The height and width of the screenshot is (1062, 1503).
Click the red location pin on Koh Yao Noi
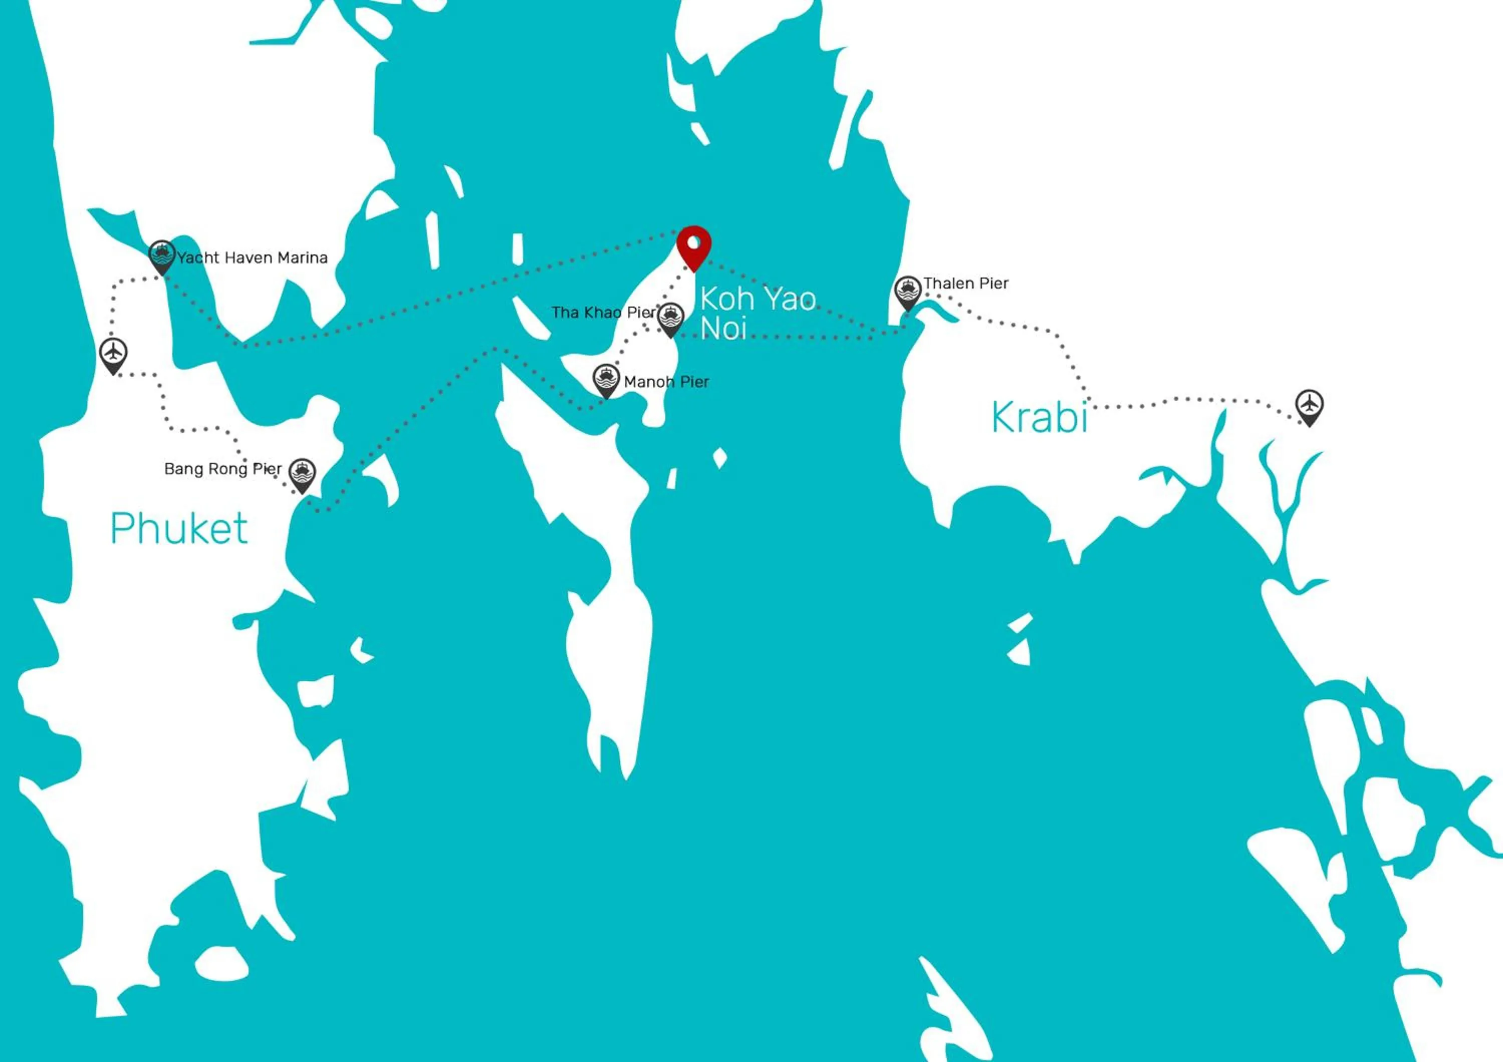coord(694,245)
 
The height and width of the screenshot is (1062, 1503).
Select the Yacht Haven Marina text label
coord(252,258)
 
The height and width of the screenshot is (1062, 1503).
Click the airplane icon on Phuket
coord(114,353)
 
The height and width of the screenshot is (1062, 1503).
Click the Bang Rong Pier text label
coord(222,469)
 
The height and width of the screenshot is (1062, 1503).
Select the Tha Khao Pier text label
coord(603,313)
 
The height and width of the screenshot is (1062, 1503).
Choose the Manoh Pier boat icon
coord(606,379)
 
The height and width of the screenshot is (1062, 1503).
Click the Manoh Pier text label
coord(666,382)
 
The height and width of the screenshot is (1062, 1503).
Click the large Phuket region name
coord(179,528)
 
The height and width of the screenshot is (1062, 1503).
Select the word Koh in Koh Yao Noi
coord(726,299)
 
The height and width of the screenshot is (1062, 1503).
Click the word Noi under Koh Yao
coord(723,329)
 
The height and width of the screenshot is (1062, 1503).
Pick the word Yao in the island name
coord(790,299)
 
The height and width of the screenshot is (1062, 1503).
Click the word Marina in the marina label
coord(303,258)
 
